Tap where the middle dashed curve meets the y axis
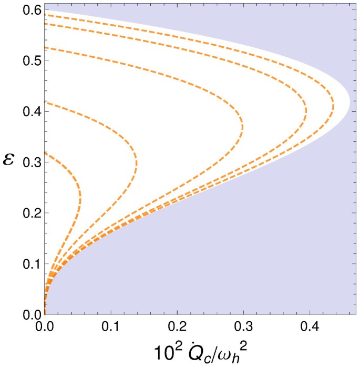coord(45,102)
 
